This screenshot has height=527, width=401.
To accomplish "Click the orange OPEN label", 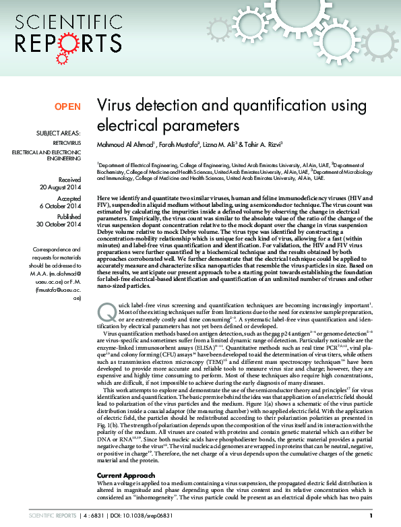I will point(67,106).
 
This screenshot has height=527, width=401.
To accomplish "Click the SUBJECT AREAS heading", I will point(59,133).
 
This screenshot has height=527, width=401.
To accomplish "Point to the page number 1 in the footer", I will point(381,516).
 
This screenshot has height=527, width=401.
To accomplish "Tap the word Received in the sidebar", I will point(69,180).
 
